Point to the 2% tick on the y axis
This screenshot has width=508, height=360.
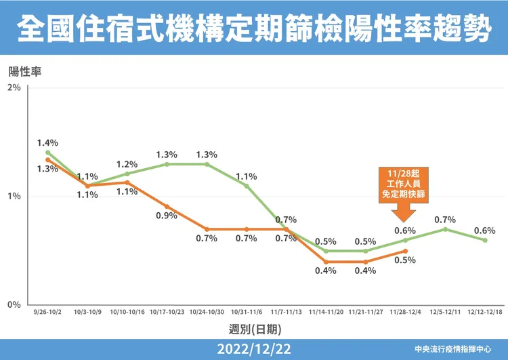click(x=14, y=88)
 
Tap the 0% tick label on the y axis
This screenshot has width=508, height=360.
click(x=14, y=305)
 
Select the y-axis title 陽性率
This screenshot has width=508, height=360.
click(x=25, y=71)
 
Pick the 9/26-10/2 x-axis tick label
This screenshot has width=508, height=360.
click(x=47, y=313)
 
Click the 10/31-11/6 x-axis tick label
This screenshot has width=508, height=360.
click(x=247, y=313)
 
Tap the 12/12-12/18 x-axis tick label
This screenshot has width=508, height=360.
click(x=485, y=313)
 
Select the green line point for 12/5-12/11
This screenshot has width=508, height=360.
click(x=445, y=229)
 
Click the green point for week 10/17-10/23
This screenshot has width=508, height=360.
click(x=167, y=164)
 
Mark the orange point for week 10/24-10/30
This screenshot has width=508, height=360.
click(x=207, y=229)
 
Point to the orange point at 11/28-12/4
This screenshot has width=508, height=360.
click(x=405, y=251)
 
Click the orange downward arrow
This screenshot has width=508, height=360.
click(x=405, y=212)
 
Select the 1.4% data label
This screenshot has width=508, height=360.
click(x=47, y=143)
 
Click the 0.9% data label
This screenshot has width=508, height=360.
click(x=167, y=216)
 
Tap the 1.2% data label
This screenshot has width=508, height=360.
click(x=127, y=164)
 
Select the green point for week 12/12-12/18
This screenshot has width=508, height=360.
click(x=485, y=240)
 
